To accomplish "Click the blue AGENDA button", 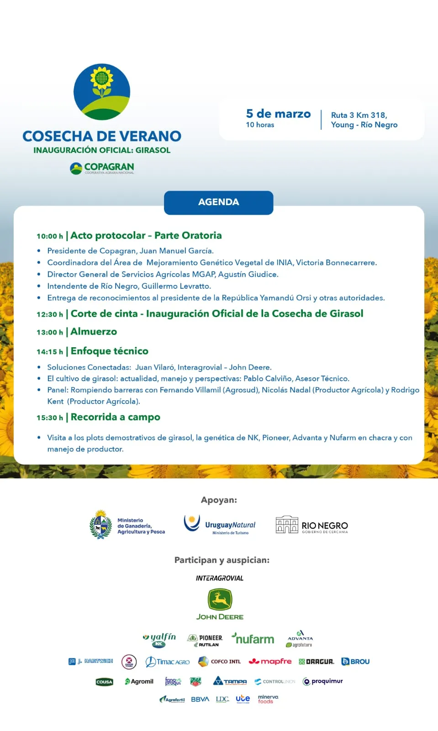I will click(x=218, y=202).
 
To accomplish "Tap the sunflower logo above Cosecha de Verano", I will click(x=102, y=92).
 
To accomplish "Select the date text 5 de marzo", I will click(x=278, y=114).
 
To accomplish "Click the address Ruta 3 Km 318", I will click(x=359, y=115).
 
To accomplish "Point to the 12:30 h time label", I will click(x=50, y=314).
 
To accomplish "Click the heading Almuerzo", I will click(x=94, y=332).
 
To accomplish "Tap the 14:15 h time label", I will click(x=50, y=352).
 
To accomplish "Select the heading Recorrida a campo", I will click(x=115, y=417).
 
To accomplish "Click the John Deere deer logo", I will click(x=220, y=599).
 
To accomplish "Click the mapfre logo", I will click(x=270, y=661).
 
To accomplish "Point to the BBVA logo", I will click(x=200, y=699).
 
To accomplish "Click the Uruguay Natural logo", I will click(x=220, y=525).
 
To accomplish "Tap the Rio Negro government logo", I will click(x=312, y=525).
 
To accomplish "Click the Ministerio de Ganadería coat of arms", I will click(x=100, y=525).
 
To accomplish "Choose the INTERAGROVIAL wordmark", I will click(x=220, y=578).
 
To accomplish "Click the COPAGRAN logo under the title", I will click(x=102, y=168).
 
